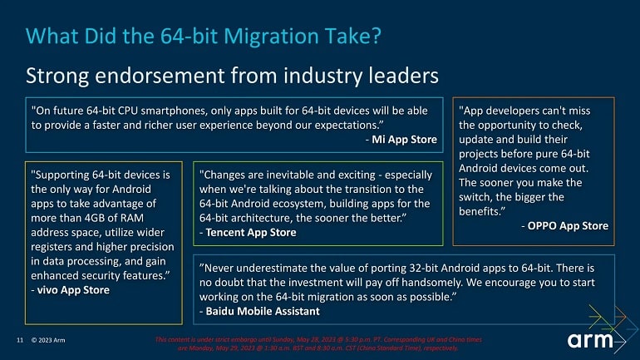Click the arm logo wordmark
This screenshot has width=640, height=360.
[590, 340]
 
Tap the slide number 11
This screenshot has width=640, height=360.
[20, 340]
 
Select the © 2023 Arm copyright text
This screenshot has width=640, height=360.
[48, 340]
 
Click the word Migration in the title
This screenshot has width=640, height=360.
[271, 36]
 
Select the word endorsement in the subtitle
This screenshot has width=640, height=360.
[160, 76]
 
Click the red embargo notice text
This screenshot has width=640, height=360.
[318, 343]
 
